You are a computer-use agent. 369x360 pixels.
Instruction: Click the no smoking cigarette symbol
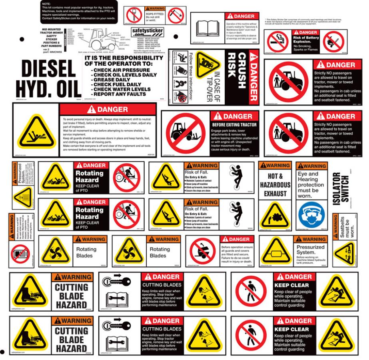click(277, 41)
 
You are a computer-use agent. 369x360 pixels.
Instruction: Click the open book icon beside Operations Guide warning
click(207, 28)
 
